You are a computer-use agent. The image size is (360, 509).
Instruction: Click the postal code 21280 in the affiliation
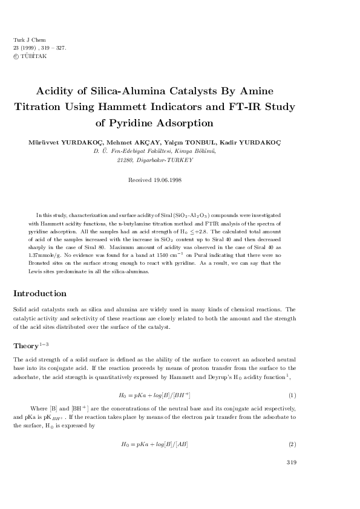pos(124,160)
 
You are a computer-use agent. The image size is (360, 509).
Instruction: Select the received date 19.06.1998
pos(166,180)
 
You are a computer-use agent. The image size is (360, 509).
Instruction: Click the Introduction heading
pos(40,294)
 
